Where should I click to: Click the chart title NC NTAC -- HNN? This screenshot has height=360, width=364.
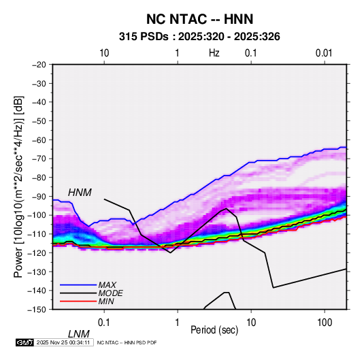[x=199, y=19]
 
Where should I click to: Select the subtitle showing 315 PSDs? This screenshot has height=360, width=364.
[x=199, y=37]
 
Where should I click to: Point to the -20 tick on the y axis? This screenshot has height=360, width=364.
[x=39, y=65]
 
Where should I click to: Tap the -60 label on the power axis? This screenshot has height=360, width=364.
[x=39, y=140]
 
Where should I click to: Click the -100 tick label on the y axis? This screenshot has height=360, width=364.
[x=37, y=215]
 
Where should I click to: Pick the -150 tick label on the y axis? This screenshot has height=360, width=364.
[x=37, y=310]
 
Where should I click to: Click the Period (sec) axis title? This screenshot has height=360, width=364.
[x=214, y=330]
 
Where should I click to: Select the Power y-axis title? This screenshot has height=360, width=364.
[x=18, y=186]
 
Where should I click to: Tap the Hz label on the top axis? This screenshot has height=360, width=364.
[x=214, y=53]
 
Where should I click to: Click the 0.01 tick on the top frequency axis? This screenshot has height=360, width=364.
[x=324, y=53]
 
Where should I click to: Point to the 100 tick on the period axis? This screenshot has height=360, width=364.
[x=325, y=323]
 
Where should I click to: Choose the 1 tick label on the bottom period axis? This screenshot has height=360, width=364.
[x=178, y=323]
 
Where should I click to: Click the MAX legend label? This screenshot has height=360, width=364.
[x=107, y=285]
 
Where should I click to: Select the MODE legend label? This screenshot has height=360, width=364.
[x=110, y=293]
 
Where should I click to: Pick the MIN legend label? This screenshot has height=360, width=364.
[x=106, y=301]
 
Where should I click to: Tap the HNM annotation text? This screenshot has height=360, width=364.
[x=80, y=193]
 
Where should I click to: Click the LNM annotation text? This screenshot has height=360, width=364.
[x=79, y=334]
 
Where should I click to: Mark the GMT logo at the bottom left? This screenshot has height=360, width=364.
[x=24, y=342]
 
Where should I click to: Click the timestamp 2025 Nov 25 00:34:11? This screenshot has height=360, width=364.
[x=63, y=342]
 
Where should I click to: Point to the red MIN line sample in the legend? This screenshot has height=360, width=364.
[x=78, y=301]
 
